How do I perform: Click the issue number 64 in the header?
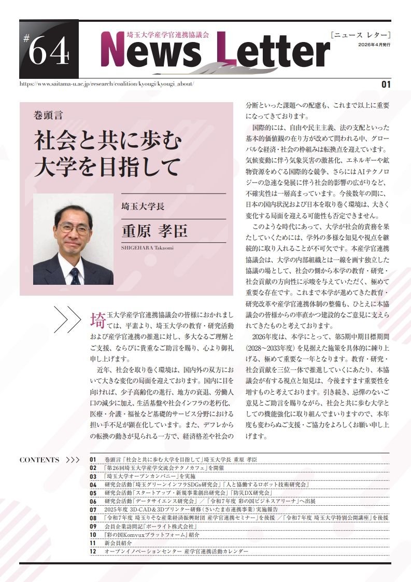(x=48, y=52)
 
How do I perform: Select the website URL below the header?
(x=106, y=84)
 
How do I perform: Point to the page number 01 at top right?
(x=385, y=84)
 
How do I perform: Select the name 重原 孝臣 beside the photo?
(x=154, y=231)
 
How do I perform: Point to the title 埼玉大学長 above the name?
(x=143, y=206)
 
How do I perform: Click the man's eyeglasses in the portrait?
(x=74, y=227)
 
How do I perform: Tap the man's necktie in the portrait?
(x=75, y=275)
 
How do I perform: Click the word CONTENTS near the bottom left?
(x=39, y=460)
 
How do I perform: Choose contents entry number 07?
(x=93, y=510)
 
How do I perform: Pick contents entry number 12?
(x=93, y=551)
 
